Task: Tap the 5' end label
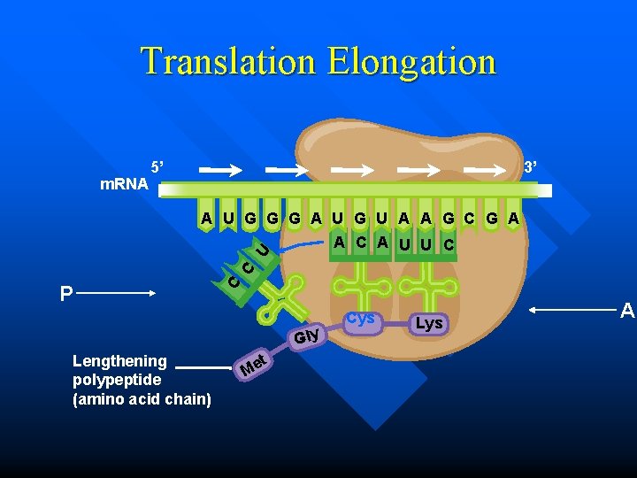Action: tap(157, 166)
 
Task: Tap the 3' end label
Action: tap(532, 167)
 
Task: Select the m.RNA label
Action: tap(124, 185)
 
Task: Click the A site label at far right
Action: tap(627, 311)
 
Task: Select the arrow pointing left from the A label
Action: tap(572, 310)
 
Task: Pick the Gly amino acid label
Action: tap(306, 336)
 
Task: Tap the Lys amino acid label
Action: tap(428, 323)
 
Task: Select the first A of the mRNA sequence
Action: tap(206, 218)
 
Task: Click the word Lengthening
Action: tap(119, 361)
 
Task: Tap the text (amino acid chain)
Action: tap(141, 399)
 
